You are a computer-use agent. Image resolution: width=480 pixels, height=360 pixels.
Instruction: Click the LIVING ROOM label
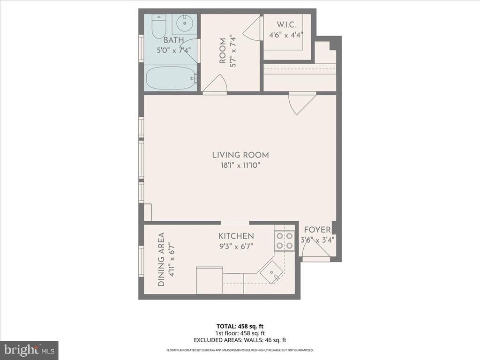(240, 155)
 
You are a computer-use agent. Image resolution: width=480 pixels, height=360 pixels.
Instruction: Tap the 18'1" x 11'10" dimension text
(240, 165)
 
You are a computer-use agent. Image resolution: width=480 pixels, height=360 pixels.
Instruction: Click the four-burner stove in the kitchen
(284, 240)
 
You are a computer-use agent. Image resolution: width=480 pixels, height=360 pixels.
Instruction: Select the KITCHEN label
(236, 236)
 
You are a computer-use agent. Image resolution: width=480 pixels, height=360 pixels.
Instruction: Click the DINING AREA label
(161, 259)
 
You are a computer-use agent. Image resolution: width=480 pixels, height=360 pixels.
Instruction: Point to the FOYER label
(317, 230)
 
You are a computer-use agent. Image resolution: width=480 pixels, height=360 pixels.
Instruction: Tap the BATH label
(173, 40)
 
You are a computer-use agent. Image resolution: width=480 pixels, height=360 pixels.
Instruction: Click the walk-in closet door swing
(252, 30)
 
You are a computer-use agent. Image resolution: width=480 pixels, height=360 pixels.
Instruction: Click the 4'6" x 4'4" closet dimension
(285, 35)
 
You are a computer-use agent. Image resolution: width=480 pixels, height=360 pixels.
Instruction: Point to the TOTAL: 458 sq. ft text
(240, 326)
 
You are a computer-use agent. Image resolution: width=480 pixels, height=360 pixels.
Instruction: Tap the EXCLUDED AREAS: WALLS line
(240, 340)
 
